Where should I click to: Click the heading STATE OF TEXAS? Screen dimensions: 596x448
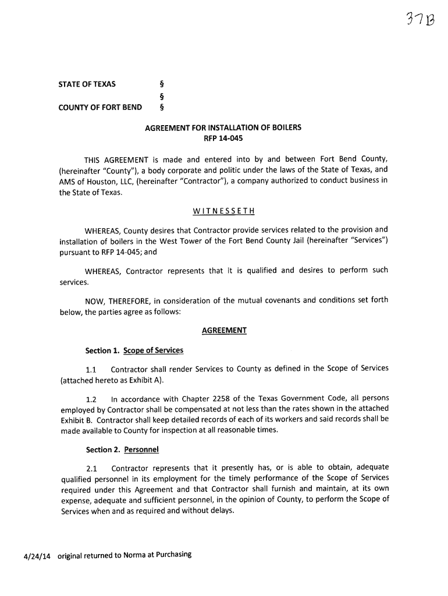87,84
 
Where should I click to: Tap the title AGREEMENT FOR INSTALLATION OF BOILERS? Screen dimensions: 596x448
223,127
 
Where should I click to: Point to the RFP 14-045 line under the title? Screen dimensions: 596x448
223,139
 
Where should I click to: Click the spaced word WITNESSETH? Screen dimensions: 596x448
224,211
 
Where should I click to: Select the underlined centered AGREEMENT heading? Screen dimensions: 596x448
224,331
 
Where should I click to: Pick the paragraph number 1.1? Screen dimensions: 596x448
90,369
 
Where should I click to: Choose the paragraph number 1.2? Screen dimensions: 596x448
91,399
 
